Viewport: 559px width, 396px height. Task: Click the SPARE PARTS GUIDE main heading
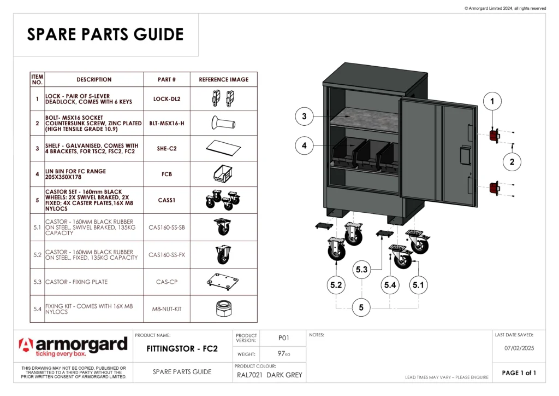tap(105, 34)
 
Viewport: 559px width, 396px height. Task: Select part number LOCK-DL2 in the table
tap(167, 99)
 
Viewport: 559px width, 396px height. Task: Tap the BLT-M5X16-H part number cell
tap(167, 124)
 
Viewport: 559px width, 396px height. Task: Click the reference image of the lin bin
tap(223, 173)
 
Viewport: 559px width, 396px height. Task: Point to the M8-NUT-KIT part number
tap(167, 309)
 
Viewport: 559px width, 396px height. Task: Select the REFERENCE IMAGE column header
tap(223, 79)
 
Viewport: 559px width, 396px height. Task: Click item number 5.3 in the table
tap(37, 282)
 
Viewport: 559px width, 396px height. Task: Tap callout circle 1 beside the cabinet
tap(492, 101)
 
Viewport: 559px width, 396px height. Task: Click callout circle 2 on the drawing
tap(512, 162)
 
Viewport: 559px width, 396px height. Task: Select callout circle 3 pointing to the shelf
tap(304, 116)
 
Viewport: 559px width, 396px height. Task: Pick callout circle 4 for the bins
tap(304, 145)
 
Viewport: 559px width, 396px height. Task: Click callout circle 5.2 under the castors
tap(337, 285)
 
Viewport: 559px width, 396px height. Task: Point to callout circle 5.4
tap(390, 285)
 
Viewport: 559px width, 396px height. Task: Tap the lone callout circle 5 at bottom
tap(361, 307)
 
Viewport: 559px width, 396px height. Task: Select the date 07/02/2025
tap(519, 347)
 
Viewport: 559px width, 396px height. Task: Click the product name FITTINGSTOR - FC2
tap(183, 348)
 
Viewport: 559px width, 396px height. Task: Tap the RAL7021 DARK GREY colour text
tap(270, 375)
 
